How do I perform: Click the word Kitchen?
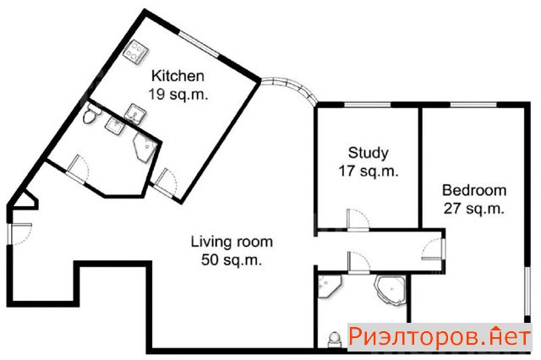coord(178,76)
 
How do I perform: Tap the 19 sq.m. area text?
coord(178,94)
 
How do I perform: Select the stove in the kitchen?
coord(135,52)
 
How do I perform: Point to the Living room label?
coord(232,242)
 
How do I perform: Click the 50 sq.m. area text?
coord(232,259)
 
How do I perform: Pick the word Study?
coord(369,153)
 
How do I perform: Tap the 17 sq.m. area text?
coord(369,171)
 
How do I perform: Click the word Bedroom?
coord(474,190)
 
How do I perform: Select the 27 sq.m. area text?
coord(474,209)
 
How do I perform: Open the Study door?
coord(358,220)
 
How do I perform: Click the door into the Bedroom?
coord(434,248)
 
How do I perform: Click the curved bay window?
coord(290,88)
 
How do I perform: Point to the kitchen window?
coord(199,45)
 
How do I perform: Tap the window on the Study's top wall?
coord(368,105)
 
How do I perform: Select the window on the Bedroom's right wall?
coord(527,291)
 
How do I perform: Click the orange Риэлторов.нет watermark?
coord(439,336)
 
